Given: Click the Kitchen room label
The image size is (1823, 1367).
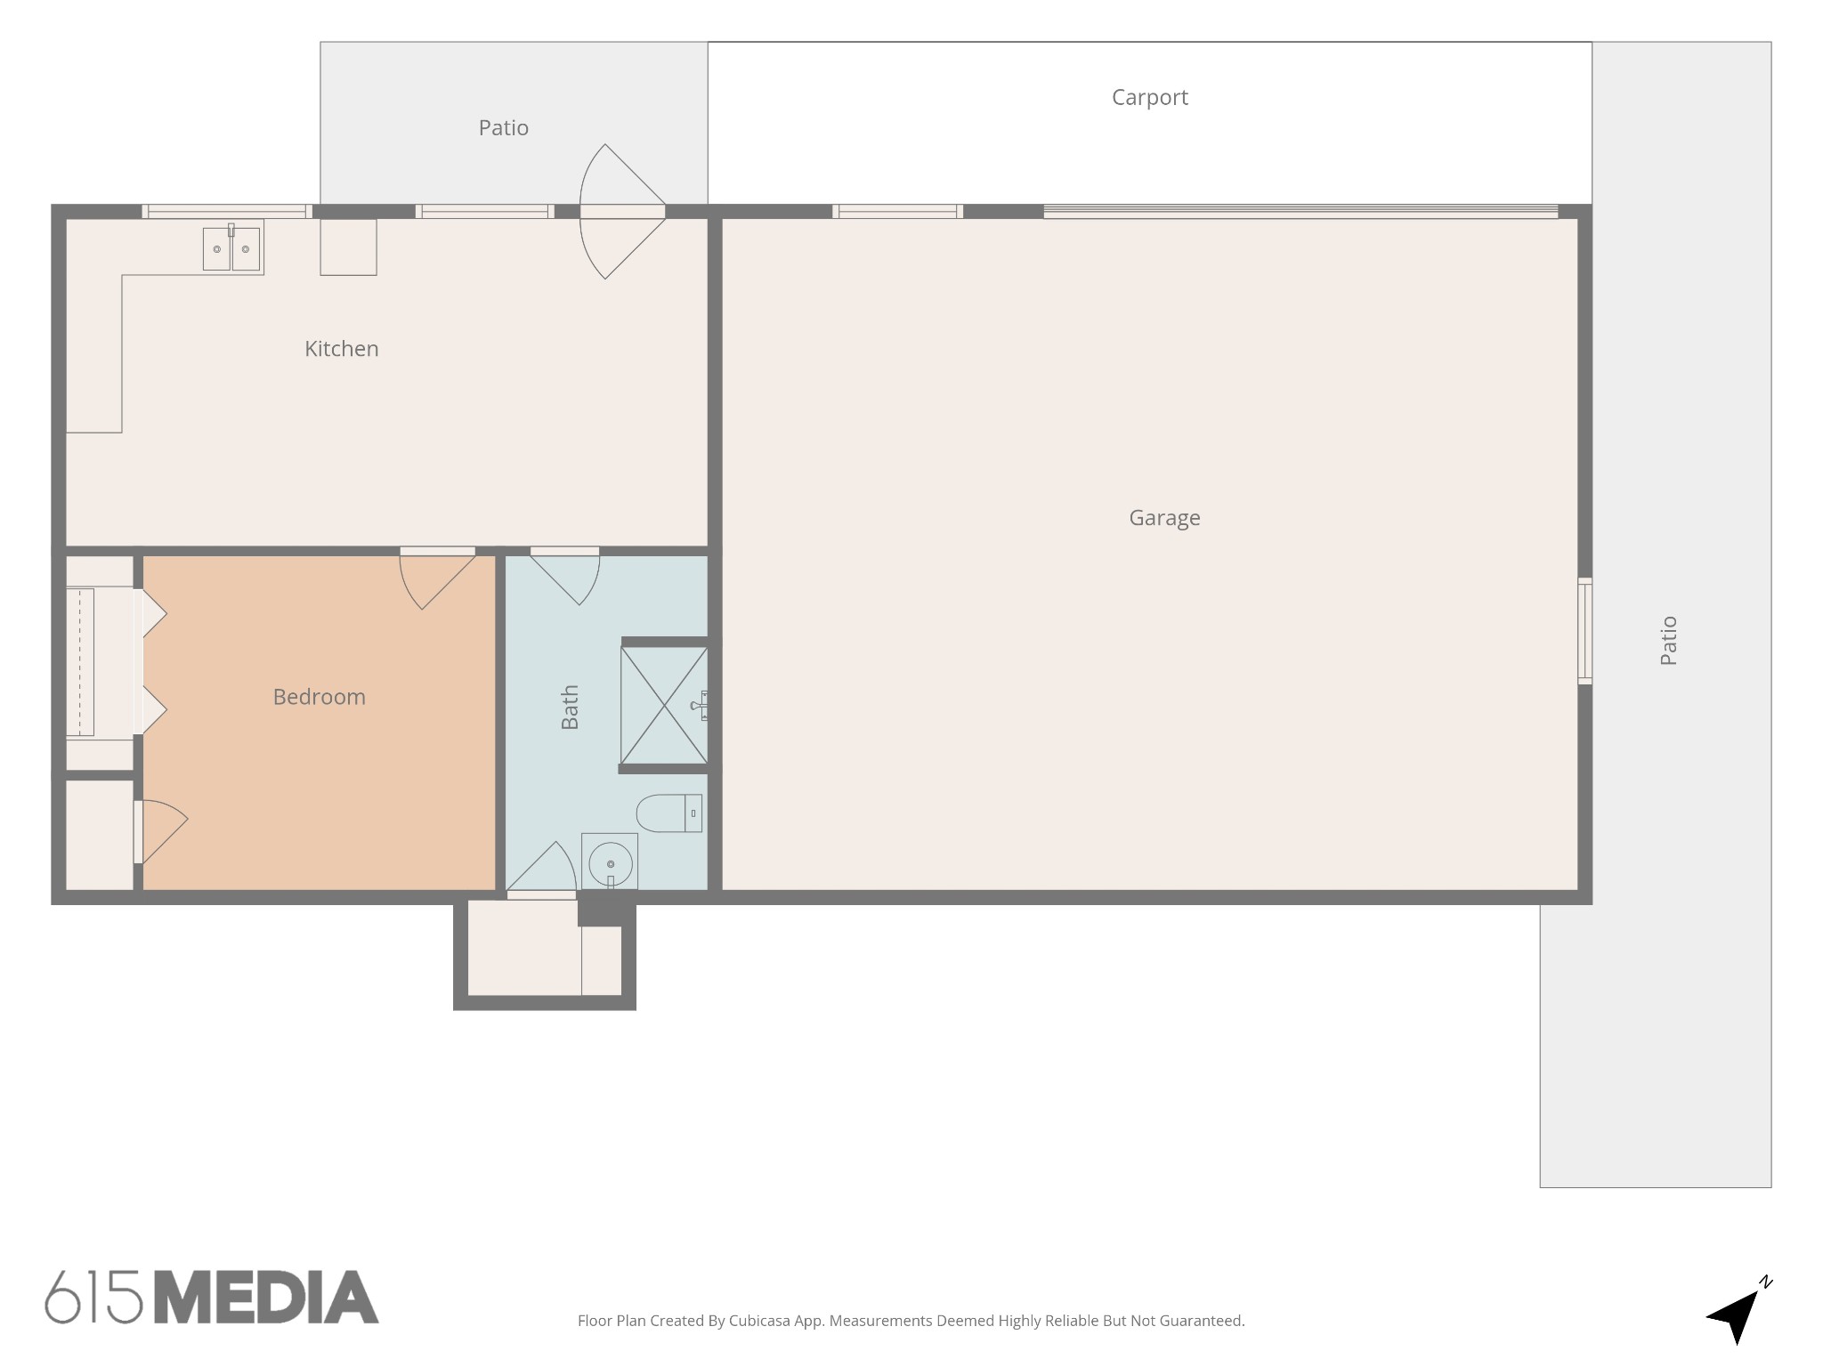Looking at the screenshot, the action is (x=342, y=349).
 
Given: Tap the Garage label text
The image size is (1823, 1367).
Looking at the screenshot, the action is (x=1164, y=518).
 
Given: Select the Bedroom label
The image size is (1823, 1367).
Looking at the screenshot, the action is (x=319, y=697).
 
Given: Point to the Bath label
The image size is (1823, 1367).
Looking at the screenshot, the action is (x=570, y=707).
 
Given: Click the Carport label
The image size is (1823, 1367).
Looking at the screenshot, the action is (x=1149, y=98).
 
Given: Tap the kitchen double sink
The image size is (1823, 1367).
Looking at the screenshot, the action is (x=232, y=247).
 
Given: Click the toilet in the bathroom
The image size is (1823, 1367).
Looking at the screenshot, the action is (x=668, y=813).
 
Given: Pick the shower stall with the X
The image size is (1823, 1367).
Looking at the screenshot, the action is (x=664, y=706).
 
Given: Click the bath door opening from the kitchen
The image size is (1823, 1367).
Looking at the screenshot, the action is (x=565, y=575).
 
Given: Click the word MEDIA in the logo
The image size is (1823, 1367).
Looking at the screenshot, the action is (x=266, y=1298).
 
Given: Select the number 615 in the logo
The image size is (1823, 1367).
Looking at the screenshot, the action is (x=93, y=1298).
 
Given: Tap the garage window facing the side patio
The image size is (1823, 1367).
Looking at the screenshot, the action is (x=1584, y=631).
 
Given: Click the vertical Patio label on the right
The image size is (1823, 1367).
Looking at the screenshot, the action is (x=1669, y=641).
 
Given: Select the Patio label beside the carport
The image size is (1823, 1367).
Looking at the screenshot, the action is (x=504, y=128).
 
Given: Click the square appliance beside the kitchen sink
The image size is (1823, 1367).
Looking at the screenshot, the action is (x=348, y=247).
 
